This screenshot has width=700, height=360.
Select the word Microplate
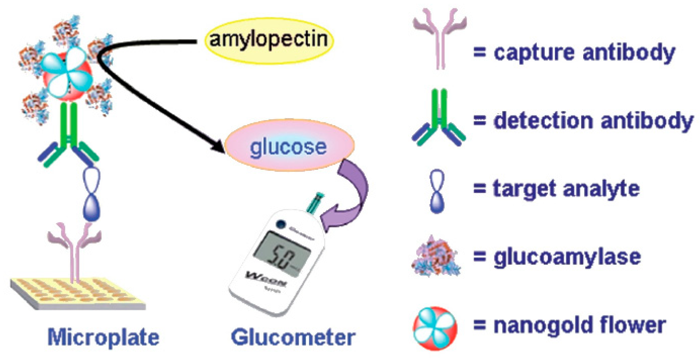103,337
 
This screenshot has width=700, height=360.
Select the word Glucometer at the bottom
293,337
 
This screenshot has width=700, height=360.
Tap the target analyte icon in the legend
437,191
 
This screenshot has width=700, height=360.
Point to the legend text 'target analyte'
566,189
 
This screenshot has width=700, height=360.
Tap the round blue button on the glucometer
281,224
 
